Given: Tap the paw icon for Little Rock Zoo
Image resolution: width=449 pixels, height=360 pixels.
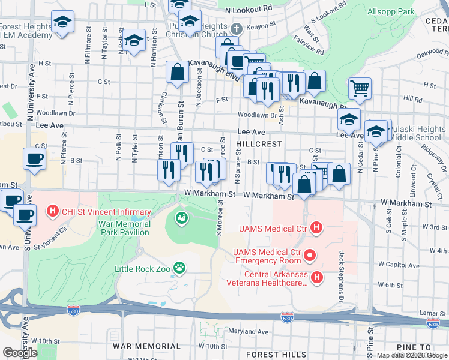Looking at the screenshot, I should (x=179, y=266).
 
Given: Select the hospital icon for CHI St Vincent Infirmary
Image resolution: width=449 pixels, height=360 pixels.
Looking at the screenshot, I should (x=53, y=212).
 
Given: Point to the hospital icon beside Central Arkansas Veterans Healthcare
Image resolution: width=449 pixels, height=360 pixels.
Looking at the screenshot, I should (x=318, y=277).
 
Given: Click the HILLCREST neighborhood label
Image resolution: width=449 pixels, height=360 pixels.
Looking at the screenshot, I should (x=259, y=145).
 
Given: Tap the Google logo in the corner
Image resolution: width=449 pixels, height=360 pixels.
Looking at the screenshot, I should (x=19, y=353).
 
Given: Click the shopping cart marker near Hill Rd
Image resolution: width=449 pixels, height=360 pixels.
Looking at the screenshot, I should (x=360, y=89).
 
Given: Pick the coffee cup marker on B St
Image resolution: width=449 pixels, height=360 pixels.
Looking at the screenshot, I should (x=34, y=160).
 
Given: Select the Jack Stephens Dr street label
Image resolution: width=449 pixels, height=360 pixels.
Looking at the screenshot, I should (x=340, y=277).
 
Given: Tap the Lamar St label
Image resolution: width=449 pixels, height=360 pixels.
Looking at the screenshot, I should (x=431, y=313).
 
